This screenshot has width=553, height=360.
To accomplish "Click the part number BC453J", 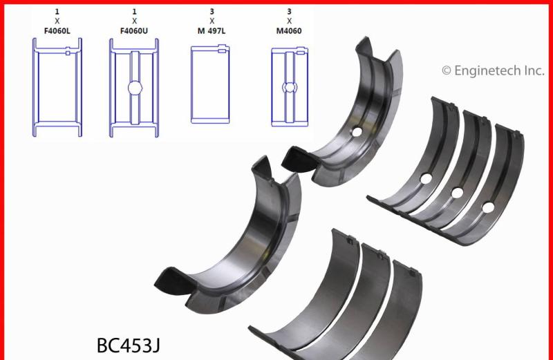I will point(130,344).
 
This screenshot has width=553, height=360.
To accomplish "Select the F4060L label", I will point(57,31).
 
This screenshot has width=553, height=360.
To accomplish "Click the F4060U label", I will point(134,31).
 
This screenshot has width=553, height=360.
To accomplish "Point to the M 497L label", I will point(212,31).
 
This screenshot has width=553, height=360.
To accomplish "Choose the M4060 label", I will point(290,31).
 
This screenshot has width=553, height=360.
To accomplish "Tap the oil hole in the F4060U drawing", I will point(134,88).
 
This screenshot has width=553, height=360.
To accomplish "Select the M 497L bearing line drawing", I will point(212,84).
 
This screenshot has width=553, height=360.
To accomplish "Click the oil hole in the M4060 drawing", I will point(290,86).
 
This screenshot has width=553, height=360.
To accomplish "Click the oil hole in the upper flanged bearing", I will point(357,132).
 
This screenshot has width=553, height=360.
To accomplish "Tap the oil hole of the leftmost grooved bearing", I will point(426,178).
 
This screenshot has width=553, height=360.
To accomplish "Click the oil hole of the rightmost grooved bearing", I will point(488,207).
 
